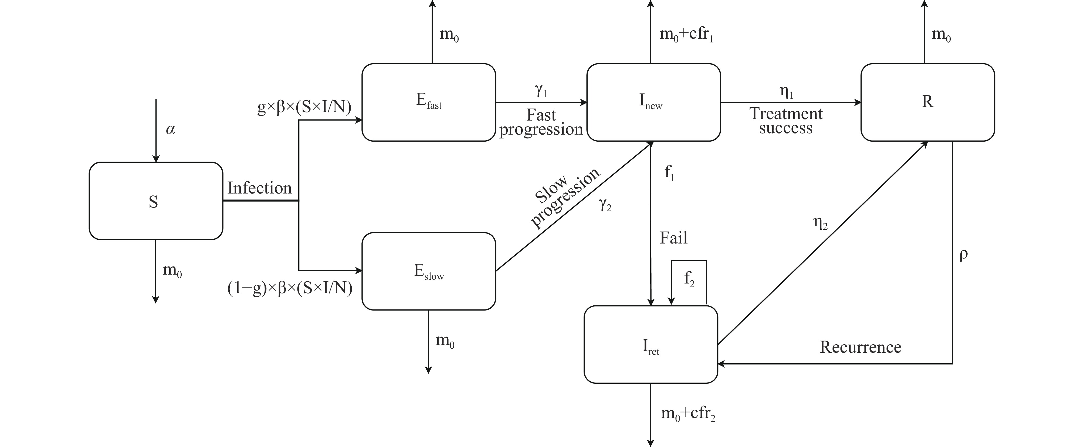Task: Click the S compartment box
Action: [x=156, y=201]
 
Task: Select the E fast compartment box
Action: [x=428, y=102]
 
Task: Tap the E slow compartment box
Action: [x=428, y=271]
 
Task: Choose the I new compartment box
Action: [x=653, y=102]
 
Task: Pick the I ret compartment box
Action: [x=651, y=345]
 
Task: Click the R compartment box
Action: [x=927, y=102]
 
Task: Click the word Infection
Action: [x=260, y=188]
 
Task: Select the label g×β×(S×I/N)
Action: [x=304, y=108]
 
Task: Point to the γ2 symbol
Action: [x=605, y=205]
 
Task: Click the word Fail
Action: [x=673, y=238]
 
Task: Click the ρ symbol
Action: [x=964, y=255]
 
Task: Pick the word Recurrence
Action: [x=861, y=347]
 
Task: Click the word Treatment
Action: [x=786, y=114]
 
